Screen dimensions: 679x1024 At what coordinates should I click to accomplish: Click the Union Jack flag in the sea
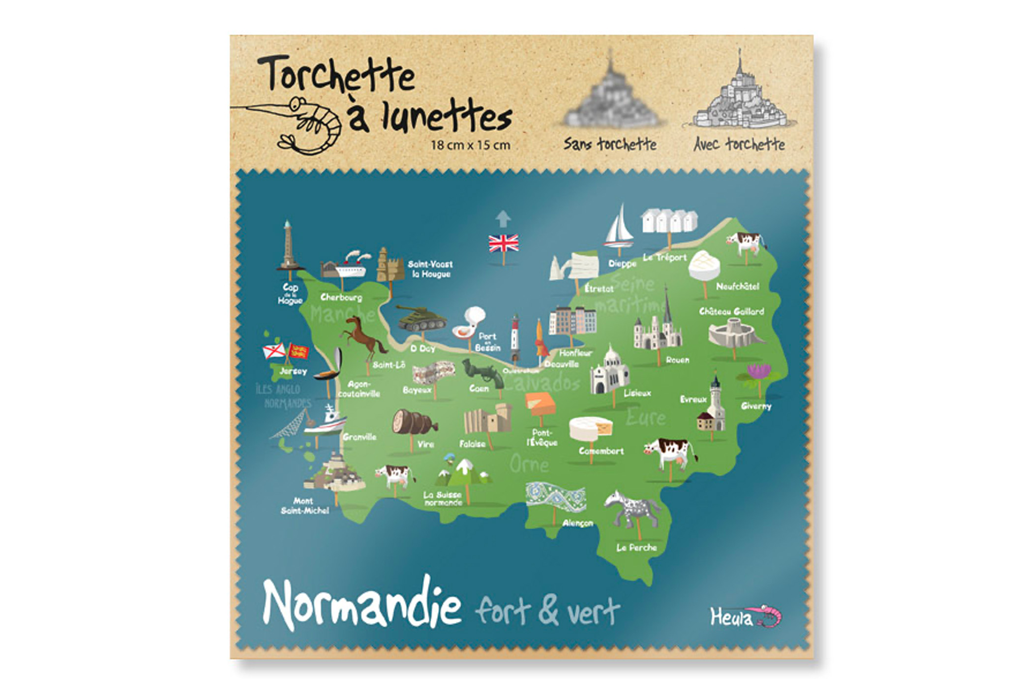click(503, 243)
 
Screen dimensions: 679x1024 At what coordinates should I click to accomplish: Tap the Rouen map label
click(677, 360)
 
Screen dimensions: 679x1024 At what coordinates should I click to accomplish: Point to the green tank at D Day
click(421, 318)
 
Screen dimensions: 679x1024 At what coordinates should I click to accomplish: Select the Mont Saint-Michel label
click(304, 506)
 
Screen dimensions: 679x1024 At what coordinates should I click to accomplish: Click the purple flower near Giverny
click(759, 372)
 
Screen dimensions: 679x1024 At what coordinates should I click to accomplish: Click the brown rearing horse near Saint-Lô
click(363, 335)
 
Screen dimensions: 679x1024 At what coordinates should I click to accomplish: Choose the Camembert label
click(601, 451)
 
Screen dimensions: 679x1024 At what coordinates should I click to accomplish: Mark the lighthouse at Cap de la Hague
click(288, 246)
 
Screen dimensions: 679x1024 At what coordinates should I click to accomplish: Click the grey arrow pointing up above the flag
click(503, 218)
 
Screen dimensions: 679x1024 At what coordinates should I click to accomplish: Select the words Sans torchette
click(610, 144)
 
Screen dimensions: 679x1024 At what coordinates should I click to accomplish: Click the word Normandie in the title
click(362, 604)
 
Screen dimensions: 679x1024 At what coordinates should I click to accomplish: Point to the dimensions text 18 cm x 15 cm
click(470, 145)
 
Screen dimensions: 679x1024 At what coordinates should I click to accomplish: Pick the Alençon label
click(577, 523)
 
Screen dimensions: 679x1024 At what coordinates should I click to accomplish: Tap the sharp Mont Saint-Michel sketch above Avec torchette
click(739, 98)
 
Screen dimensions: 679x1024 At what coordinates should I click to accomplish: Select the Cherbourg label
click(341, 297)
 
